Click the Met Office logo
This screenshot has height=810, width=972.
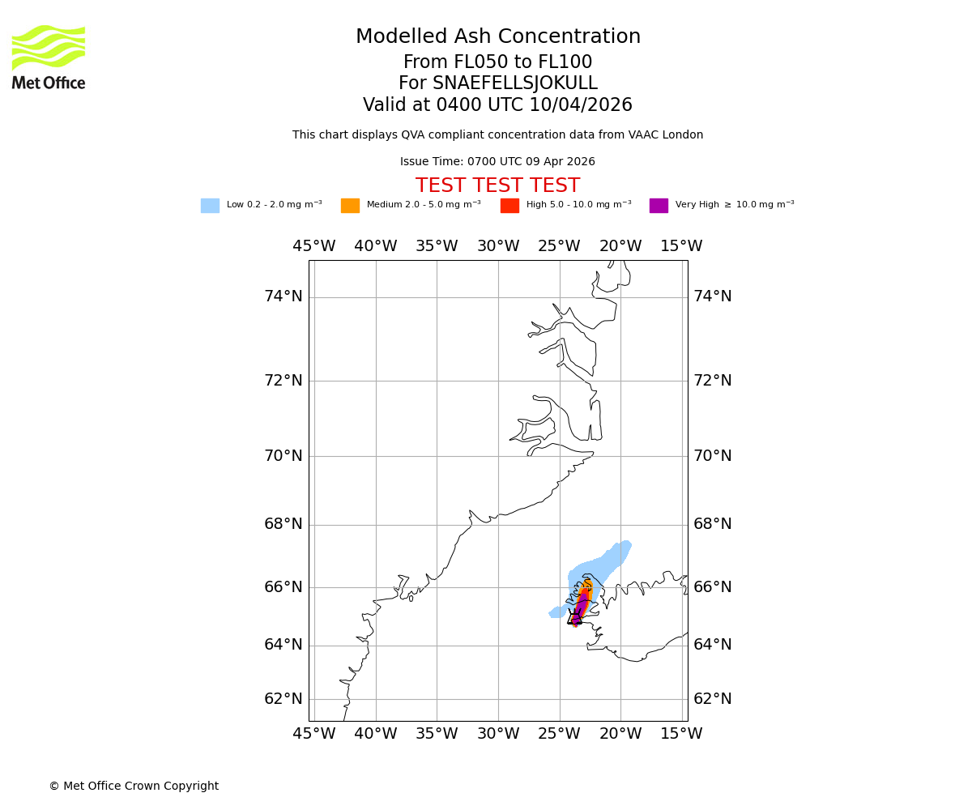click(x=49, y=57)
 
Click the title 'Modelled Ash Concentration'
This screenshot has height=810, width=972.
click(x=498, y=37)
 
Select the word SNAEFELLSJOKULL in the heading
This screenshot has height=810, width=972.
click(x=515, y=83)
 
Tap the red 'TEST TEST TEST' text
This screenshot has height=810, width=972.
click(x=497, y=185)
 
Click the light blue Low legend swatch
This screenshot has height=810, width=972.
click(x=210, y=206)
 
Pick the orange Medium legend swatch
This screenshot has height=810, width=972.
click(x=350, y=206)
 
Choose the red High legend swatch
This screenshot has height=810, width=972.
click(x=509, y=206)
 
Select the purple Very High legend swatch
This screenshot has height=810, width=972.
click(x=659, y=206)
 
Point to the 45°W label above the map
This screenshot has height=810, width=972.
click(x=314, y=246)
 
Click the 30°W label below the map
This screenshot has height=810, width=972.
click(x=498, y=734)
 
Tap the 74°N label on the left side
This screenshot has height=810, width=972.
click(x=283, y=296)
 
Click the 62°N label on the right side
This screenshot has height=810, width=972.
click(x=713, y=699)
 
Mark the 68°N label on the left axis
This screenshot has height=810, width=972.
click(x=283, y=524)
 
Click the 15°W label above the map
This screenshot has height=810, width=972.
click(x=681, y=246)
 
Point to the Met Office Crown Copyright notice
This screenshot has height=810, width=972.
click(x=134, y=787)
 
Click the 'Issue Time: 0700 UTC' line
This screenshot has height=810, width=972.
click(x=497, y=162)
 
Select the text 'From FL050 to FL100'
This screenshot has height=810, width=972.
click(x=497, y=62)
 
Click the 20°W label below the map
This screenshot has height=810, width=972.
click(x=620, y=734)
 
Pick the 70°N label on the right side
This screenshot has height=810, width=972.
click(x=713, y=456)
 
